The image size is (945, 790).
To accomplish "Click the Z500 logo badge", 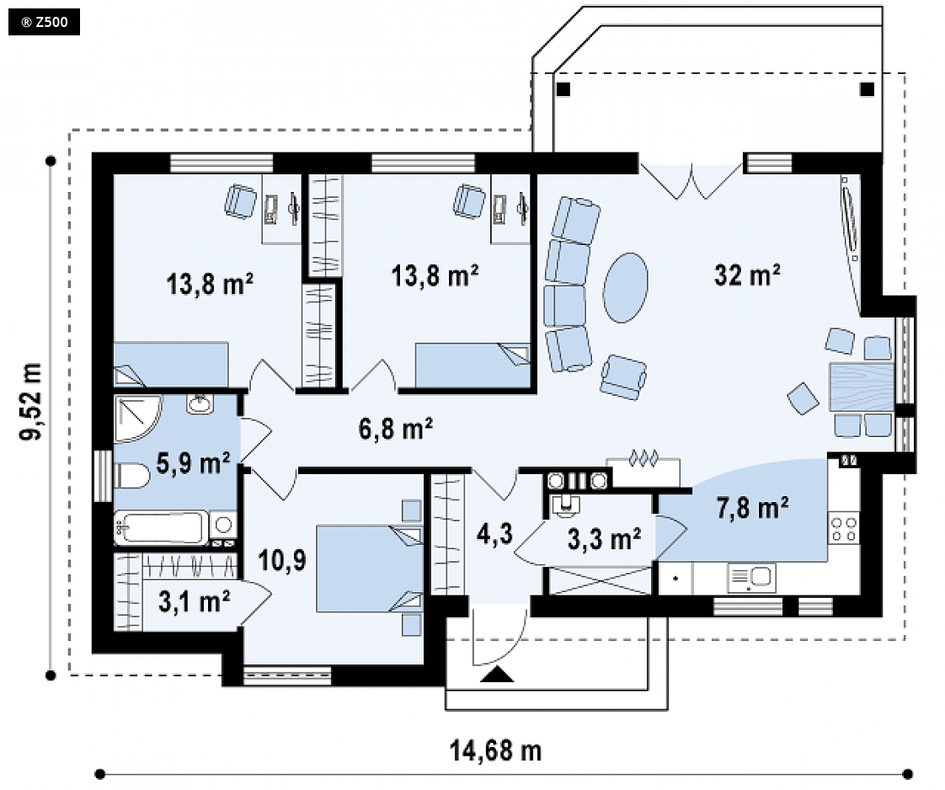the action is [44, 22].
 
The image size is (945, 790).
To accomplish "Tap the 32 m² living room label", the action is [747, 275].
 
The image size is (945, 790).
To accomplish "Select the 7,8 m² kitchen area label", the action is [752, 507].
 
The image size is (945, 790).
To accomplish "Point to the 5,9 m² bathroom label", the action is [193, 462].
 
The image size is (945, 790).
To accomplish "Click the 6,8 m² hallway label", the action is [395, 429].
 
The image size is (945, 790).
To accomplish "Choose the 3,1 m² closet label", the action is [194, 601].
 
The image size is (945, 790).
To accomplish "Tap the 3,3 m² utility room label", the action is [604, 538].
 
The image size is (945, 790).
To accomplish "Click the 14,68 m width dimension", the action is [495, 750].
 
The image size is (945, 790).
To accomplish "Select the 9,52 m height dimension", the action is [30, 402].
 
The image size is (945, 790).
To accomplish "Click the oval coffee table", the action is [626, 287].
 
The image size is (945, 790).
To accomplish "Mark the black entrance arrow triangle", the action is [497, 675].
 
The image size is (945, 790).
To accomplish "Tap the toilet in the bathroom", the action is [131, 476].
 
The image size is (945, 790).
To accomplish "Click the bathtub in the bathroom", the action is [161, 527].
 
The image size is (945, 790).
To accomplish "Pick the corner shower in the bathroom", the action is [136, 418].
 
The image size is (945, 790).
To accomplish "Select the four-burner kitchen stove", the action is [844, 527].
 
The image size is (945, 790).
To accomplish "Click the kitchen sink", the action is [751, 578].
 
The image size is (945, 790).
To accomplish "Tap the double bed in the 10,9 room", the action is [369, 568].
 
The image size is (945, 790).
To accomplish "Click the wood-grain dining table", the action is [862, 387].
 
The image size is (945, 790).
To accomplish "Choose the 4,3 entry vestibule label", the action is [494, 533].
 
